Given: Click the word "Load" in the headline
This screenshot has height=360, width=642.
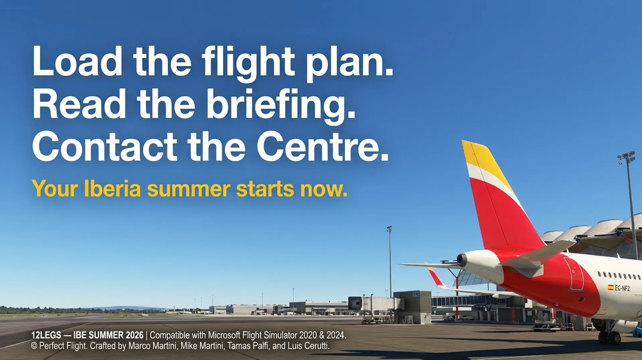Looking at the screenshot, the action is pos(77,61).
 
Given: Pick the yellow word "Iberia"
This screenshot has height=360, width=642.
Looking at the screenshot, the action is pos(112,189).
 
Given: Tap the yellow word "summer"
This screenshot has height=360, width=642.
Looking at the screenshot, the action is pos(189,190).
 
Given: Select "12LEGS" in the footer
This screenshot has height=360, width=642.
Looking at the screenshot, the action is pos(46,335).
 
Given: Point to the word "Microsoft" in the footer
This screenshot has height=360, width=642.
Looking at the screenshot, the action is pos(224,335).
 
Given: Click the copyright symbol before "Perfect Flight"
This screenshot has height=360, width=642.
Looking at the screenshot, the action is pos(34,346).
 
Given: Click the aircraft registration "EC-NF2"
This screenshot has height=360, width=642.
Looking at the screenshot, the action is pos(622,288).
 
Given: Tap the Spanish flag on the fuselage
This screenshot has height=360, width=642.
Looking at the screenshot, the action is pos(611,287).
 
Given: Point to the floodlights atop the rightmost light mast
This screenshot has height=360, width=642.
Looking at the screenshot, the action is pos(626,157).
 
